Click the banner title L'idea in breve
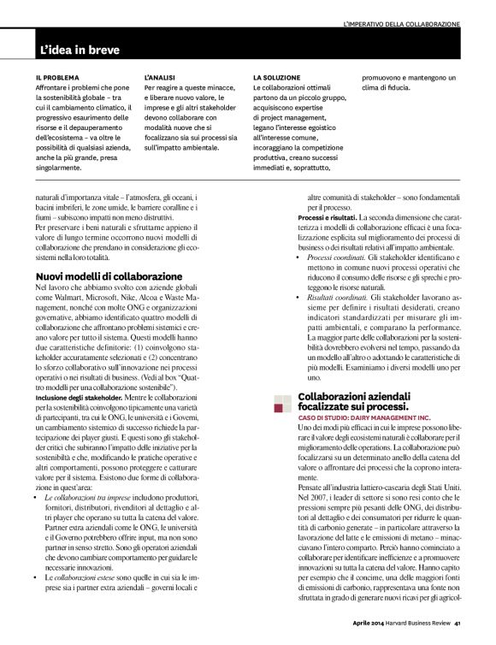[80, 50]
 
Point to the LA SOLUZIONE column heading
[276, 77]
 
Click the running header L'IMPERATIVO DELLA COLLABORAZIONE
[401, 23]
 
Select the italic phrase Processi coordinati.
[337, 257]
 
